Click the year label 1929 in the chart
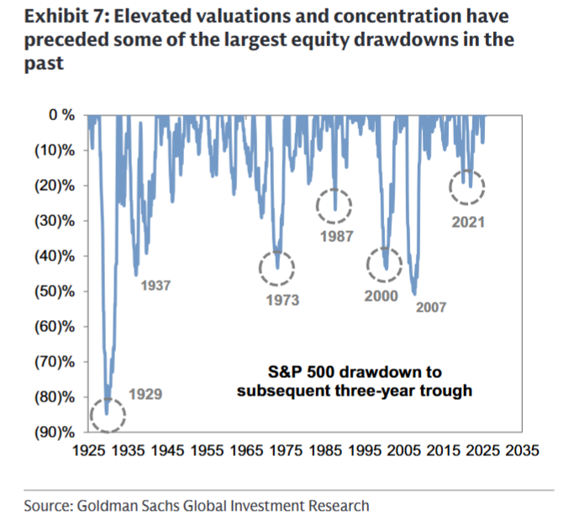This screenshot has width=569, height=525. coord(145,393)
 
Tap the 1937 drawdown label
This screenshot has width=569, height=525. coord(155,286)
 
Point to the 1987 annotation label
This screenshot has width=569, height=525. coord(336,236)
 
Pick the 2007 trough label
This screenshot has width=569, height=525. coord(432,307)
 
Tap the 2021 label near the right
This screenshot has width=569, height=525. coord(468,223)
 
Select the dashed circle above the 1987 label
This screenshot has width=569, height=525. coord(335,205)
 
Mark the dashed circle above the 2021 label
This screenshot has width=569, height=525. coord(468,187)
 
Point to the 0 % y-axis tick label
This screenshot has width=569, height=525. coord(61,114)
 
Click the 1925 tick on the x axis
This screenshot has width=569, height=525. coord(89,450)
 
